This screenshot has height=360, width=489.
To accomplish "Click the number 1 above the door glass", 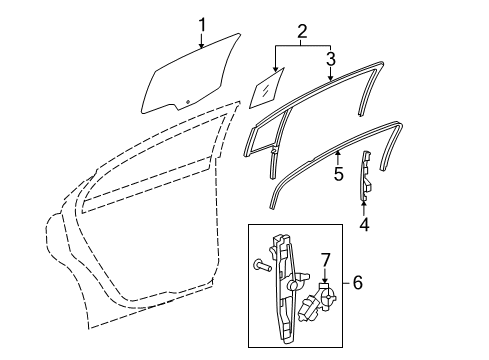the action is coord(202,24).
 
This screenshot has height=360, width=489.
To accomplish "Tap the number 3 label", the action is coord(330,58).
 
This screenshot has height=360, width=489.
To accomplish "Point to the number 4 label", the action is coord(364,225).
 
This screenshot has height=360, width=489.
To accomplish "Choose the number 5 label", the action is coord(339,174).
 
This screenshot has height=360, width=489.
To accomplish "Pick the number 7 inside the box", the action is coord(324,262).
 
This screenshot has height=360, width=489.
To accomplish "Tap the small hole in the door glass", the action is coord(185,104).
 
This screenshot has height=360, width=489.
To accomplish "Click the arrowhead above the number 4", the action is coord(364,203).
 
